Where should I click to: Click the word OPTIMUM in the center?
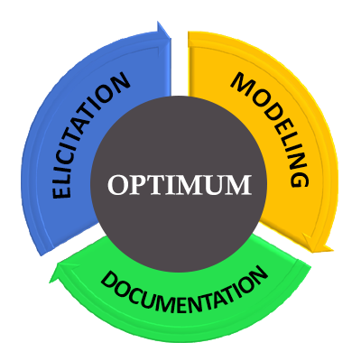180,185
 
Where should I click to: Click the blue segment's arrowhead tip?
171,38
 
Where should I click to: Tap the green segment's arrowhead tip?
50,282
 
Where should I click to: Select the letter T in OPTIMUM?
156,185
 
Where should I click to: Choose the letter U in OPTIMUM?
215,185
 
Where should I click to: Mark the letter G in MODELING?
300,177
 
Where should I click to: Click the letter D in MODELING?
269,112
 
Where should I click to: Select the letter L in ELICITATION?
64,177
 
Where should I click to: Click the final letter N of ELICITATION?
119,82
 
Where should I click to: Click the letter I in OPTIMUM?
171,185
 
